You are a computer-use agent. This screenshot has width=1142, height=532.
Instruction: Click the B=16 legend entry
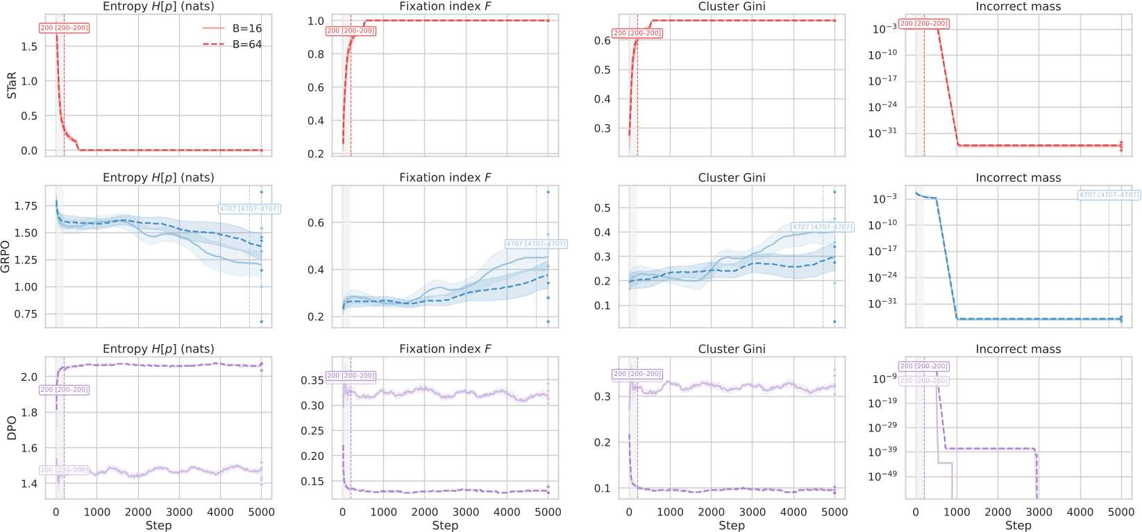[246, 28]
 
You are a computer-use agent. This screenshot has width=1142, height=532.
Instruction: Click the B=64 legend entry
[246, 44]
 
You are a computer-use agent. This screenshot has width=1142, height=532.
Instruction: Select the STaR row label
[12, 85]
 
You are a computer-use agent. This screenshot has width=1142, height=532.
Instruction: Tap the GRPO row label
[6, 257]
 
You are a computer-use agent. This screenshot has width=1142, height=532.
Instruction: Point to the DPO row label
[12, 428]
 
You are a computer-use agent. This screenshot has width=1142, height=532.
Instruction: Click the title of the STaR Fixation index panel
[445, 6]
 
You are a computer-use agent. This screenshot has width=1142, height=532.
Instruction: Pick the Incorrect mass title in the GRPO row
[1018, 178]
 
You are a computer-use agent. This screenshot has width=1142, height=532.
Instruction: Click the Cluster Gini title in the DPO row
[731, 349]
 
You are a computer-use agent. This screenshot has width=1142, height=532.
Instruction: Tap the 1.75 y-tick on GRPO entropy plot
[26, 206]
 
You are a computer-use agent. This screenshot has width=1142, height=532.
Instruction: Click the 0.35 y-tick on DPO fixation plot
[312, 380]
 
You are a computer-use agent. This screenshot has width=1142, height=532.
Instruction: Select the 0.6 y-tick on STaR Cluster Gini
[602, 40]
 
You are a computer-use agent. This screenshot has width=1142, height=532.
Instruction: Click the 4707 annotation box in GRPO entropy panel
[249, 209]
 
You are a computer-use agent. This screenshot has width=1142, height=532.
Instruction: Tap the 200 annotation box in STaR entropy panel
[64, 28]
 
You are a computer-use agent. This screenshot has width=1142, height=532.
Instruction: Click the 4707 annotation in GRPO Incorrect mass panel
[1109, 195]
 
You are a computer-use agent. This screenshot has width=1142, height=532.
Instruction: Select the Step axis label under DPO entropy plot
[158, 525]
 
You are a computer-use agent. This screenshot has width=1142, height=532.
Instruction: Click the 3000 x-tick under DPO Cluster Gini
[752, 512]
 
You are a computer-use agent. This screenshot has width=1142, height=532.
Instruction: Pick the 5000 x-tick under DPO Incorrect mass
[1120, 512]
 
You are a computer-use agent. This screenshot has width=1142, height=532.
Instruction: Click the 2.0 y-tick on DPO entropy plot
[29, 377]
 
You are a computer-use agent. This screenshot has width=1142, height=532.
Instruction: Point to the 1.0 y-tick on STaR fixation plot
[316, 21]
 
